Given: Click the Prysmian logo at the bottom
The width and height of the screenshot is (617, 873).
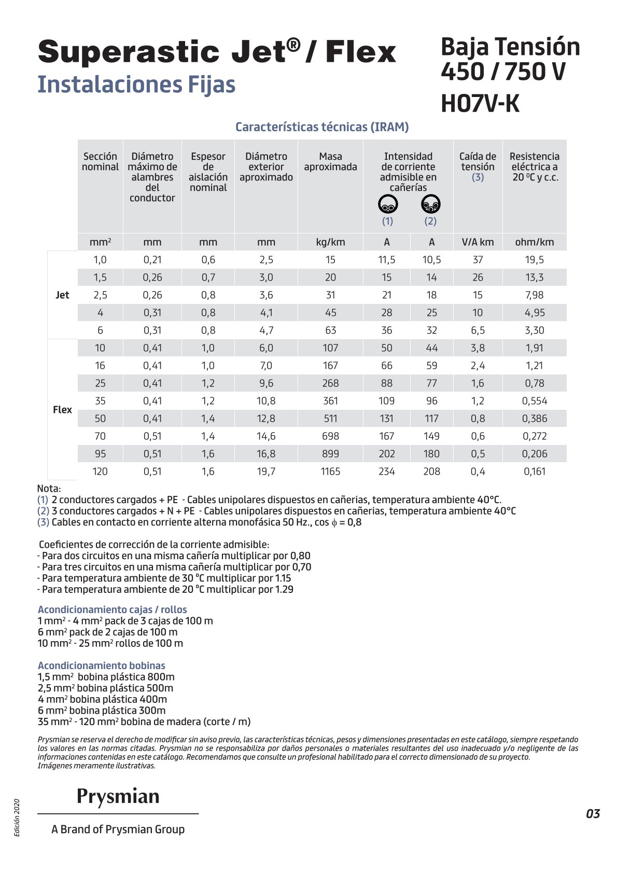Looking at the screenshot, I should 118,796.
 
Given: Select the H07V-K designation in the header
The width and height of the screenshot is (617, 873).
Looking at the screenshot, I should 480,104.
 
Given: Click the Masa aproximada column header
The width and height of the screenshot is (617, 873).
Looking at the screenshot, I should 330,162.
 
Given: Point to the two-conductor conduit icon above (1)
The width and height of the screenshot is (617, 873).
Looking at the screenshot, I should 388,204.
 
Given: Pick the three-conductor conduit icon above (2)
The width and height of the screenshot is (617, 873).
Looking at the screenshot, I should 430,204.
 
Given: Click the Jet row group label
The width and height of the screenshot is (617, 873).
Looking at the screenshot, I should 62,295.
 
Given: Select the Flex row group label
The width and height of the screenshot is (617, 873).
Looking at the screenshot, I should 62,410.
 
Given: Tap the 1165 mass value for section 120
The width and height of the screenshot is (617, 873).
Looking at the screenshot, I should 330,472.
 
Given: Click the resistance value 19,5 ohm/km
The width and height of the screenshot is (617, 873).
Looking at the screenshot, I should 535,260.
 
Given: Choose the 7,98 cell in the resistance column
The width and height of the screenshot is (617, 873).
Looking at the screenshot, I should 535,295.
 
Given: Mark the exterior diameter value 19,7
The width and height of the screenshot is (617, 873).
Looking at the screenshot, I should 266,472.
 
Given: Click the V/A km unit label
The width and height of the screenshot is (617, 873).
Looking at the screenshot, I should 478,242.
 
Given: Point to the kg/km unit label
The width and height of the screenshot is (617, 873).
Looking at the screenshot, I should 330,242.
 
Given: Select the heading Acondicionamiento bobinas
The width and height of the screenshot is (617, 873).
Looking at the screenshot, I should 102,666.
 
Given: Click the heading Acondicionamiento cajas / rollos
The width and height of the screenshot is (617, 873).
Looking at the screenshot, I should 112,609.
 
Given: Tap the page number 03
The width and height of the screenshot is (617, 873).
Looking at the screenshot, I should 593,813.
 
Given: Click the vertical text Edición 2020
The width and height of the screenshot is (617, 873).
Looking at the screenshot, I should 17,817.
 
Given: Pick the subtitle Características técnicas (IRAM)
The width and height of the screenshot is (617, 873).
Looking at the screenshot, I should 322,127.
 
